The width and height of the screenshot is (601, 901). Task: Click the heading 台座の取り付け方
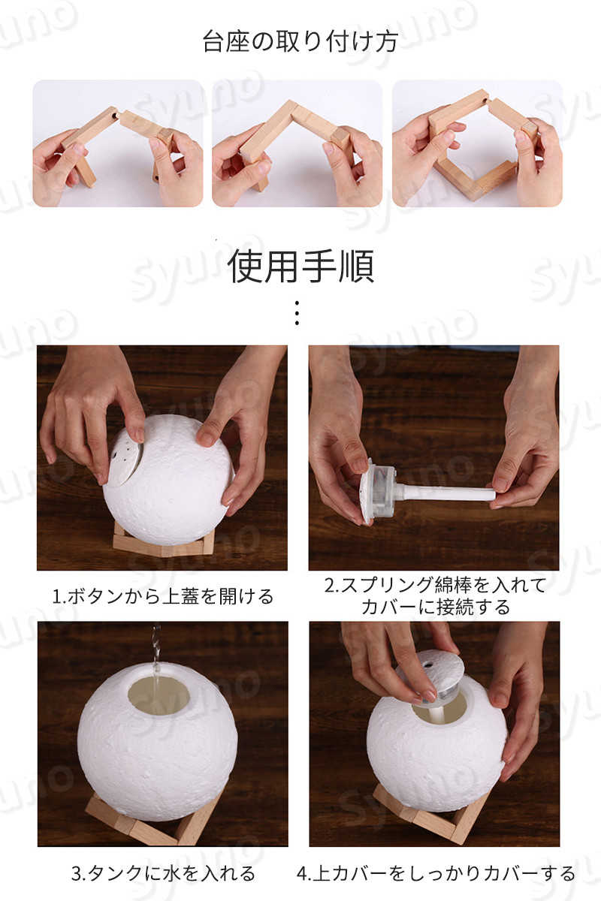tap(300, 41)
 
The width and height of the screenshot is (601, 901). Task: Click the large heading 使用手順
tap(300, 266)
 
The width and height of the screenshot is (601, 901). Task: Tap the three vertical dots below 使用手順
tap(297, 312)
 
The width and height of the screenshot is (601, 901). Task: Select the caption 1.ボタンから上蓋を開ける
tap(163, 596)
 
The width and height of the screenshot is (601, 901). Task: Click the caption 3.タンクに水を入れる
tap(163, 873)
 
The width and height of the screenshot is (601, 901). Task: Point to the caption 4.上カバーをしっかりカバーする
tap(436, 873)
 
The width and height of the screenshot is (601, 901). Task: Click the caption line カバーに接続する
tap(436, 607)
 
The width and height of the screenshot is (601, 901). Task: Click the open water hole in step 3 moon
tap(158, 695)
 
